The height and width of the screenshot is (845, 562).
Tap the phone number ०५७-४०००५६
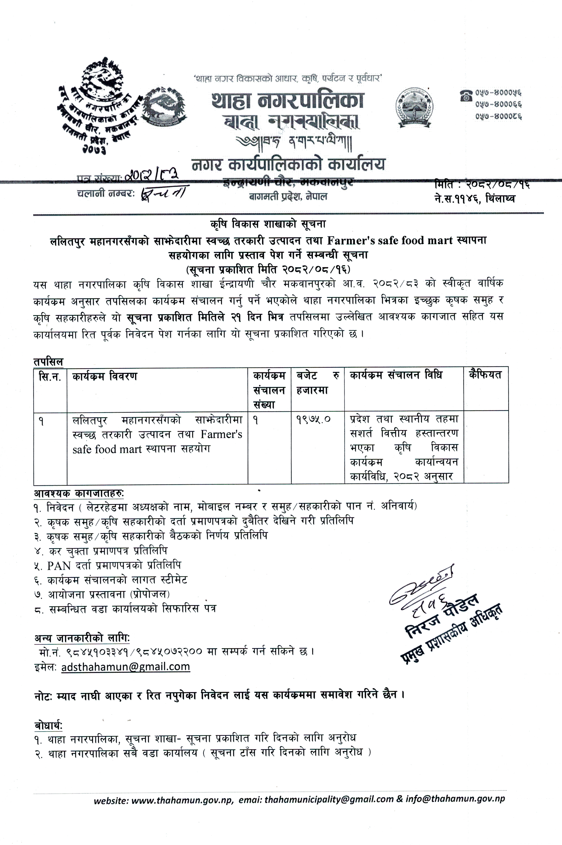pos(498,93)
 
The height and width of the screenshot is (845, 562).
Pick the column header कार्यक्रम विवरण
pos(104,377)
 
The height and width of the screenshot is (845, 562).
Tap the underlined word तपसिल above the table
pos(48,362)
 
